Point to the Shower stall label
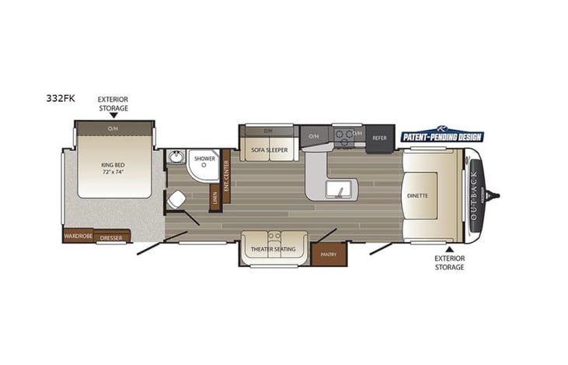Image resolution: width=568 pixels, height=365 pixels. [x=204, y=158]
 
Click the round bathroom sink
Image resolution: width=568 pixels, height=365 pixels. [x=176, y=160]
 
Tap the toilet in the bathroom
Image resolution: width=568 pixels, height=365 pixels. [x=176, y=201]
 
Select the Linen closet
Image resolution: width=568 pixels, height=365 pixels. [x=214, y=198]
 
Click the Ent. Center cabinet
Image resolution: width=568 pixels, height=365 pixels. [x=226, y=175]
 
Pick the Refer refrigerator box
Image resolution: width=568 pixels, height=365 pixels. [x=380, y=138]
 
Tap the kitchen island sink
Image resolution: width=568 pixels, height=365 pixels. [x=339, y=190]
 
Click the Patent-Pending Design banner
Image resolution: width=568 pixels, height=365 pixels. [x=441, y=136]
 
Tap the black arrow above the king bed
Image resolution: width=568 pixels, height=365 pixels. [x=113, y=115]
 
